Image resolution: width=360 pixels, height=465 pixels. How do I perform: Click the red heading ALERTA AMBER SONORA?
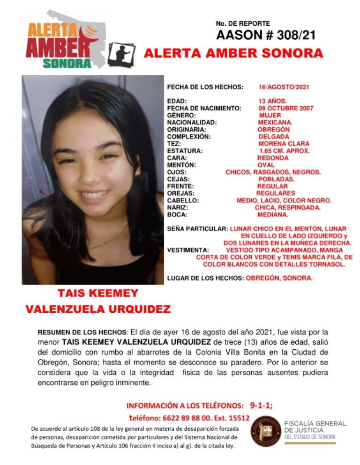tap(233, 53)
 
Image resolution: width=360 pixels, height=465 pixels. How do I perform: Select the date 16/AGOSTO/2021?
tap(284, 87)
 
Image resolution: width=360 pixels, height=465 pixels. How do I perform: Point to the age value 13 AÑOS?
tap(273, 101)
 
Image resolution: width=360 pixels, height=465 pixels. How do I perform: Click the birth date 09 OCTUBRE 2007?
tap(286, 108)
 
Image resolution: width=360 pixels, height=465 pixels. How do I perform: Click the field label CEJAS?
tap(179, 179)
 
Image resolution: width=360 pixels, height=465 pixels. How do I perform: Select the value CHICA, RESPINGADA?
tap(288, 207)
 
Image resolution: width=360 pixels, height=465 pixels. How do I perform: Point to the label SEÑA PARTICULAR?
tap(197, 229)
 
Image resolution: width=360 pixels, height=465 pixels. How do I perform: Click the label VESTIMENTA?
tap(187, 250)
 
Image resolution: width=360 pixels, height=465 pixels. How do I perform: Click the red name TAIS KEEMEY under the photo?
tap(98, 294)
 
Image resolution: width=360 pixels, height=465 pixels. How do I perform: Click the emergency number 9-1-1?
tap(262, 406)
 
